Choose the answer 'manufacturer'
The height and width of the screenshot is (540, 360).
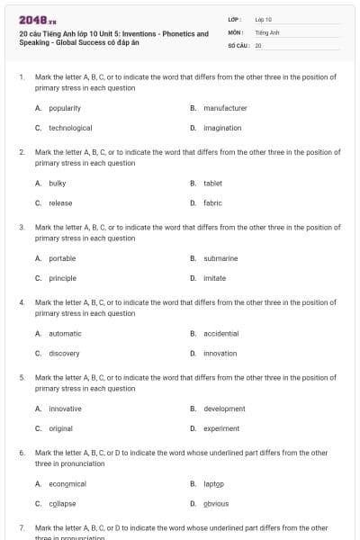click(x=225, y=108)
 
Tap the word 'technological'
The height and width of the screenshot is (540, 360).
click(x=70, y=128)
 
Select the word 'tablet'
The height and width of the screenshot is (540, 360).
click(x=213, y=184)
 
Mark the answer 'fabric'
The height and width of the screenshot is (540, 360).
click(x=213, y=203)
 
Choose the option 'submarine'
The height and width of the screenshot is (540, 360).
click(x=220, y=258)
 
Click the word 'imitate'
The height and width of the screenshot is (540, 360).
click(x=215, y=278)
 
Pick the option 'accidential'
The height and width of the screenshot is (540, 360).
click(x=221, y=334)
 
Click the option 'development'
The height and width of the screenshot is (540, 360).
click(x=224, y=409)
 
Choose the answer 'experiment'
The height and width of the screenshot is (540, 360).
click(x=221, y=428)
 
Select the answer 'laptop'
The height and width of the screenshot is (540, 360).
click(x=213, y=484)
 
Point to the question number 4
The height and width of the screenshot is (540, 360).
click(x=22, y=302)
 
